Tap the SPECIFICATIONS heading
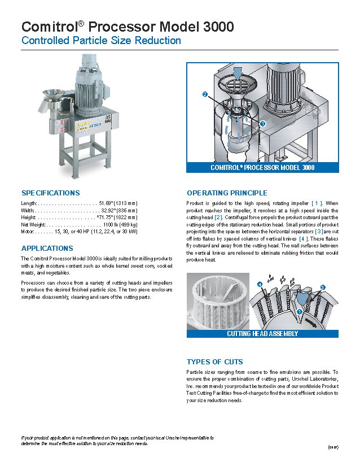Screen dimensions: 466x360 click(50, 193)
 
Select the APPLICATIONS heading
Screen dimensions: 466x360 click(47, 248)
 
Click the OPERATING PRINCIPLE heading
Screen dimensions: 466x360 click(227, 193)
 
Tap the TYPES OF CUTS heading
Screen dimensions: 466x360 click(214, 362)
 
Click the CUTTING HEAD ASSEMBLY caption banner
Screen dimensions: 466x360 click(262, 334)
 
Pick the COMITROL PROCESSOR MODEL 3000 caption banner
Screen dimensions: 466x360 click(262, 167)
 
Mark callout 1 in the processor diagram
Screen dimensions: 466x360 click(263, 124)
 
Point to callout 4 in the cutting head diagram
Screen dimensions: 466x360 click(260, 284)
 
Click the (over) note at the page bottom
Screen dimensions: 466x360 click(332, 447)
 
